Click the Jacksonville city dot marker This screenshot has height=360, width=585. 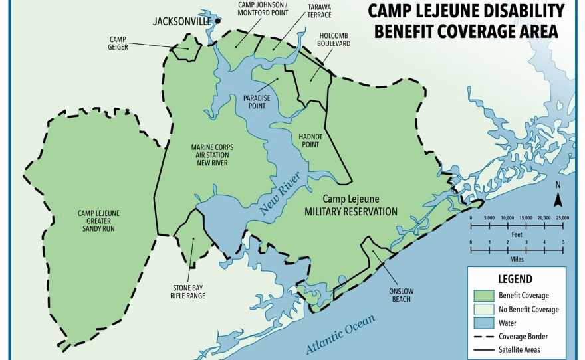point(217,21)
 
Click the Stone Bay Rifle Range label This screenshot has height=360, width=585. point(187,292)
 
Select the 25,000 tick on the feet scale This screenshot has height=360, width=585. point(562,218)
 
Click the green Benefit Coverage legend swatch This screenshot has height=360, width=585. point(482,295)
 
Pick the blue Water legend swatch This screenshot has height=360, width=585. point(482,323)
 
